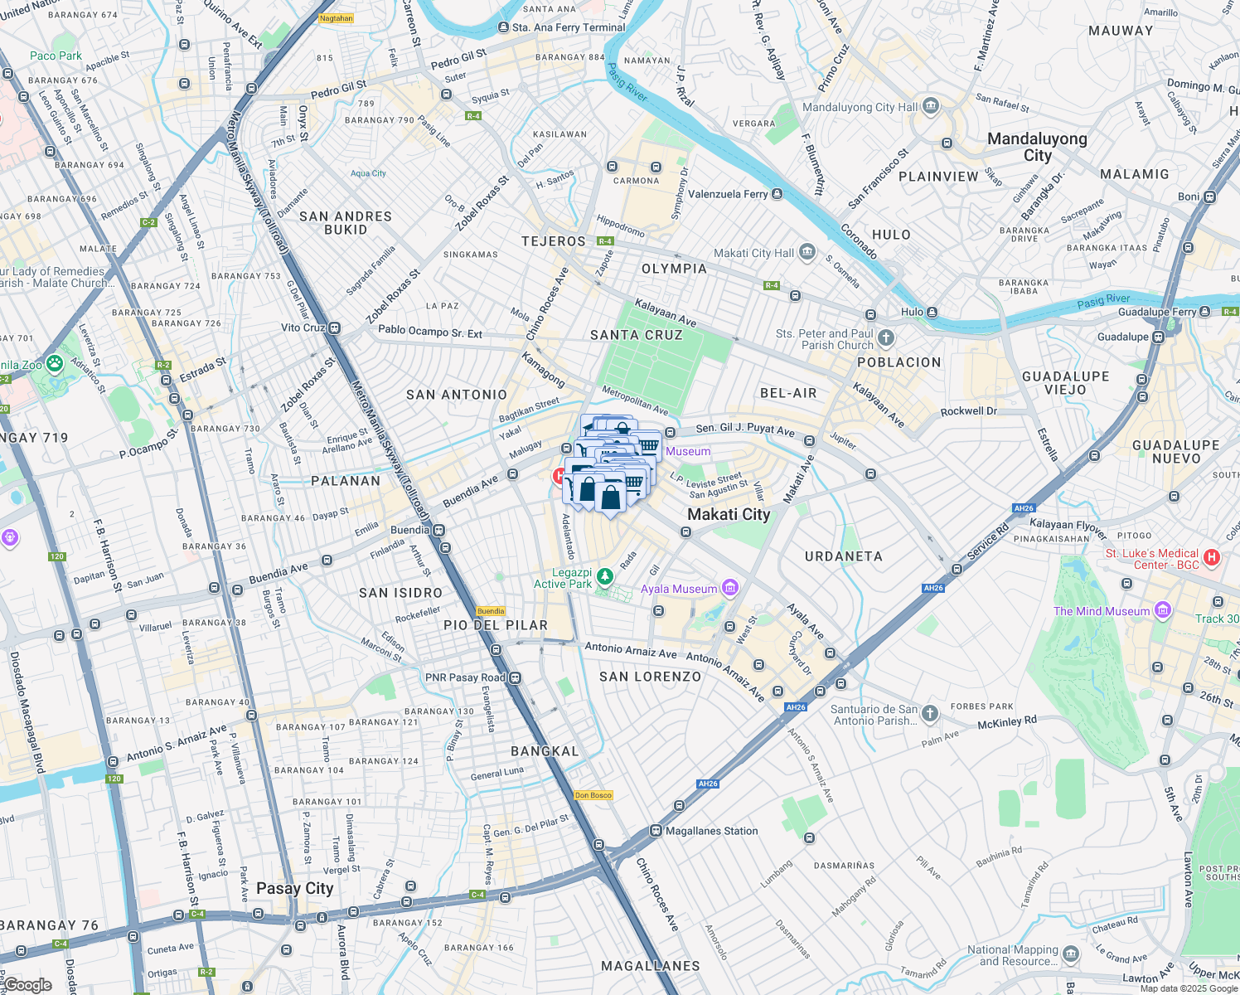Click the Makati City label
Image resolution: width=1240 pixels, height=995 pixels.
point(729,514)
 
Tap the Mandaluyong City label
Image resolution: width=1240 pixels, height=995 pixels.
point(1037,147)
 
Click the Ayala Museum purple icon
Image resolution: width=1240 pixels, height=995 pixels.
point(730,589)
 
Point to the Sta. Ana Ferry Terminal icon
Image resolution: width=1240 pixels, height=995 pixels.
point(502,27)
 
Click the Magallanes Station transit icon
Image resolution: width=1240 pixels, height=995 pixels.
point(656,831)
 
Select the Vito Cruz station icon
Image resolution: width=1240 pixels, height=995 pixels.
point(334,328)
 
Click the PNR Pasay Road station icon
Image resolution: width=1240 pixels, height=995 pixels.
point(516,677)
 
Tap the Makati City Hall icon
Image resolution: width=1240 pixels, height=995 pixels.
point(807,253)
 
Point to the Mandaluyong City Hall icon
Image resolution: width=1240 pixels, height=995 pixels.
point(930,106)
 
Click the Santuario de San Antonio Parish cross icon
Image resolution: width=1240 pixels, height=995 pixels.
point(930,713)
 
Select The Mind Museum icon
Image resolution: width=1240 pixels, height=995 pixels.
point(1162,611)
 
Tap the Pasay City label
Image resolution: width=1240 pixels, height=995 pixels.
point(294,888)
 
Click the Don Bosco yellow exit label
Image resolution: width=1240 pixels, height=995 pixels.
point(593,795)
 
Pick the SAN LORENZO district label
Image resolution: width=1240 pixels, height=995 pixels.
point(650,677)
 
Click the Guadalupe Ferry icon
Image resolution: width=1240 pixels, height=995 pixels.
point(1205,312)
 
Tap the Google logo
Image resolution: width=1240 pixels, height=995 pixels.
point(27,985)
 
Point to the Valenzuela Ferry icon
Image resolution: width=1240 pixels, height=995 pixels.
point(777,194)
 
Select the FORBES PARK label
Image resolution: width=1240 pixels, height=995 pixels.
point(981,706)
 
